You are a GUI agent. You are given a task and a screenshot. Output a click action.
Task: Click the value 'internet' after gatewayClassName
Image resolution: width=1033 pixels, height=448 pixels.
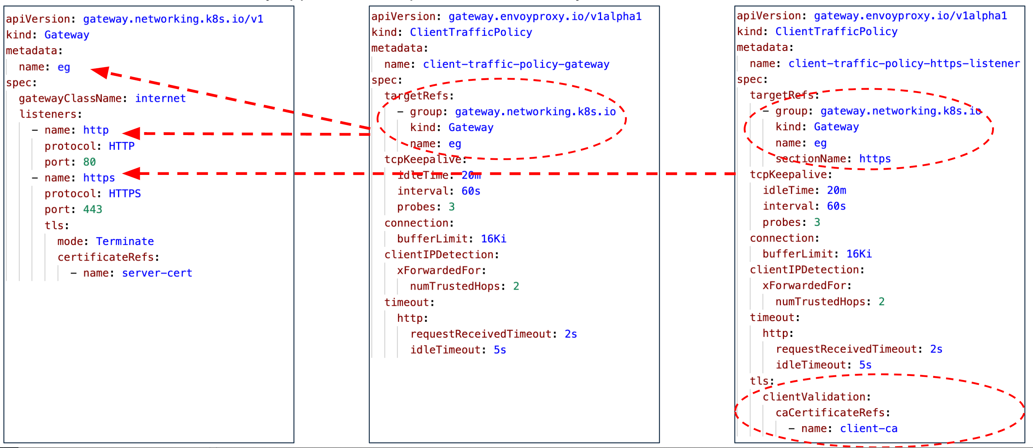pyautogui.click(x=160, y=98)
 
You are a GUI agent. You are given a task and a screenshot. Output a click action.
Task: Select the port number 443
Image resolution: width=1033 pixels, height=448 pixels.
pyautogui.click(x=93, y=209)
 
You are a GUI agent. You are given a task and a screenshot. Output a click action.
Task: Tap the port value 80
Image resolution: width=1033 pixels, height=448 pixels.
pyautogui.click(x=89, y=162)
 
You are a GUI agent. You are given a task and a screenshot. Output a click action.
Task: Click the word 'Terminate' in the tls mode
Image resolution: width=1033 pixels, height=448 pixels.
pyautogui.click(x=125, y=241)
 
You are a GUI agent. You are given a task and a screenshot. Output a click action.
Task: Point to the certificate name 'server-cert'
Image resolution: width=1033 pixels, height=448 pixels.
pyautogui.click(x=157, y=273)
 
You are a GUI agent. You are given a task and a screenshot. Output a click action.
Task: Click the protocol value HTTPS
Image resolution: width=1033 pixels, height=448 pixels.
pyautogui.click(x=125, y=194)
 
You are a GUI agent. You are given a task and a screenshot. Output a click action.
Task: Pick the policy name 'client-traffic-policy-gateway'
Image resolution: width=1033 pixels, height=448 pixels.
pyautogui.click(x=516, y=64)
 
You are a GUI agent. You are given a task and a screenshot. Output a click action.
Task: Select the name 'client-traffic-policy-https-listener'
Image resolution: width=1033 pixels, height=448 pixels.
pyautogui.click(x=904, y=63)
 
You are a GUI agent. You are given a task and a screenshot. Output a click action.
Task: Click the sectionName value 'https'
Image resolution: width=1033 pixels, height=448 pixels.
pyautogui.click(x=875, y=159)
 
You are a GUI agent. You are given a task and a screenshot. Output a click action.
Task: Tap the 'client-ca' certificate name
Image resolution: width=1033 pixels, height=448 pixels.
pyautogui.click(x=868, y=429)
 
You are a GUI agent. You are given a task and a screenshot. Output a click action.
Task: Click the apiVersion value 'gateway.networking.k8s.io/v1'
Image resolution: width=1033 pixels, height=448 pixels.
pyautogui.click(x=173, y=19)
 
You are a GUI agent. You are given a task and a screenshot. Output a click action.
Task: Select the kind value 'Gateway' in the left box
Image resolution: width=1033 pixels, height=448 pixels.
pyautogui.click(x=66, y=35)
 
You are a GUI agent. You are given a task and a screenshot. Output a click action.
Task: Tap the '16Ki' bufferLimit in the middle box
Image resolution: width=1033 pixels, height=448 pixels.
pyautogui.click(x=493, y=239)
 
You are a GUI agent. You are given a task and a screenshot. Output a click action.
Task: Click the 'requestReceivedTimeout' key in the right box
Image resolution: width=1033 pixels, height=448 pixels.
pyautogui.click(x=846, y=349)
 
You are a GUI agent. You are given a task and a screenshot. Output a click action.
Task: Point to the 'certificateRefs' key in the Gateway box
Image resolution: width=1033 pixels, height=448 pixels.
pyautogui.click(x=106, y=257)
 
